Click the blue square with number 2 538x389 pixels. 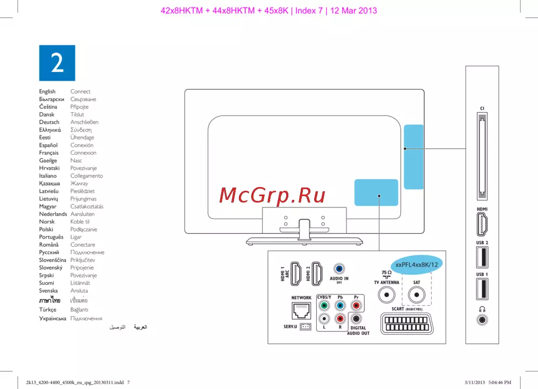pyautogui.click(x=57, y=63)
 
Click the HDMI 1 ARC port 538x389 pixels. pyautogui.click(x=296, y=273)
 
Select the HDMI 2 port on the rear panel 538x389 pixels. pyautogui.click(x=317, y=273)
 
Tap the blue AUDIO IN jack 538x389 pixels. pyautogui.click(x=339, y=269)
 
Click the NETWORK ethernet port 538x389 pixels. pyautogui.click(x=301, y=311)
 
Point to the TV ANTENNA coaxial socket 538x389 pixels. pyautogui.click(x=387, y=295)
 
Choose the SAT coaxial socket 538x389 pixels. pyautogui.click(x=416, y=295)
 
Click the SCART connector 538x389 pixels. pyautogui.click(x=407, y=324)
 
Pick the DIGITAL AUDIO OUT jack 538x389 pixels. pyautogui.click(x=356, y=319)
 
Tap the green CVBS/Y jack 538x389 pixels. pyautogui.click(x=324, y=305)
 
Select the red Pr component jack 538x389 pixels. pyautogui.click(x=356, y=305)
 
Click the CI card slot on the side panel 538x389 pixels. pyautogui.click(x=482, y=156)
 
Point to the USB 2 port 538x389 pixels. pyautogui.click(x=482, y=257)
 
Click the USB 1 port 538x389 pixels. pyautogui.click(x=482, y=289)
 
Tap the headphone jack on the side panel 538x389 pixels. pyautogui.click(x=482, y=320)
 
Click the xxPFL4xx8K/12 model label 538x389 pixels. pyautogui.click(x=416, y=264)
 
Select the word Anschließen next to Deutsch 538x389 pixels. pyautogui.click(x=84, y=122)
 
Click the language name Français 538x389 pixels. pyautogui.click(x=49, y=153)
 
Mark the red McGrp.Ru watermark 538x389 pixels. pyautogui.click(x=272, y=196)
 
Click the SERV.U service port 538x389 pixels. pyautogui.click(x=306, y=327)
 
